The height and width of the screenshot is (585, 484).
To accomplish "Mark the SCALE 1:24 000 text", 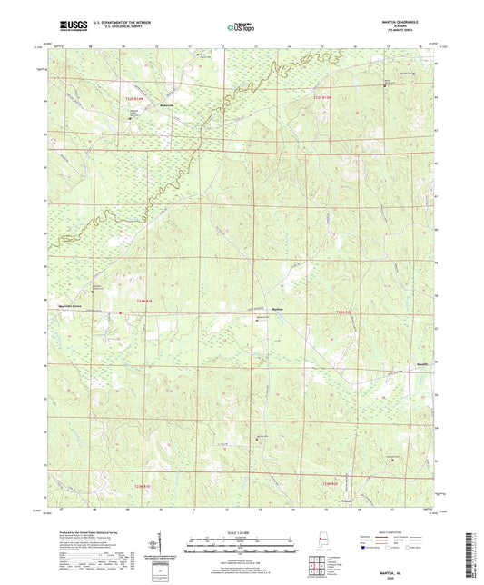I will click(x=242, y=532).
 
